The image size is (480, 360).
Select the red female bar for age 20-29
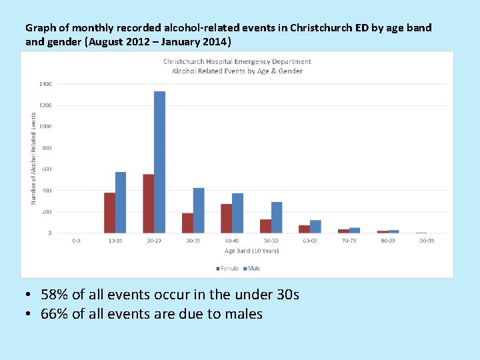coord(148,203)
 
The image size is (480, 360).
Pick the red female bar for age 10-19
coord(109,213)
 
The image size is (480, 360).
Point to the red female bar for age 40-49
coord(226,218)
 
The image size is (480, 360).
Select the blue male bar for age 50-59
coord(277,217)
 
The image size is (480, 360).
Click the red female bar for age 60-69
coord(304,229)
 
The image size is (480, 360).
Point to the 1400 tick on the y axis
coord(45,84)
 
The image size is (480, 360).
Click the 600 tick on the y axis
coord(45,169)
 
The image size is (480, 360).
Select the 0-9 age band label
coord(77,241)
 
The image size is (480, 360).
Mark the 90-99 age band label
coord(427,241)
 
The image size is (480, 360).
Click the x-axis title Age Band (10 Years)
coord(251,251)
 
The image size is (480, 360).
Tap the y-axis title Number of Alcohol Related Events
coord(33,158)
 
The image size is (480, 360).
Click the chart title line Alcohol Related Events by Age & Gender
coord(237,71)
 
